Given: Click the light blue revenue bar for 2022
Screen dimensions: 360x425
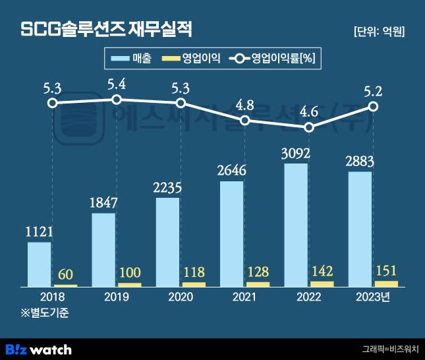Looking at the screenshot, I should (296, 225).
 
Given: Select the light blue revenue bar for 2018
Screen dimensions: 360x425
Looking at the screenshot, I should (40, 264).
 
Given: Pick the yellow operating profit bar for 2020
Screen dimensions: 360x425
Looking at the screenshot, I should (194, 284).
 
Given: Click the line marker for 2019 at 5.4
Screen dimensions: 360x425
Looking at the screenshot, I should (117, 100).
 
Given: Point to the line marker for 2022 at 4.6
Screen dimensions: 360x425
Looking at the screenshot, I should (309, 127).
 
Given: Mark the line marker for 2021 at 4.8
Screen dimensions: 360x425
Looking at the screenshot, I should (245, 120).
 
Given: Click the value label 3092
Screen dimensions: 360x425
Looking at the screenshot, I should (296, 153).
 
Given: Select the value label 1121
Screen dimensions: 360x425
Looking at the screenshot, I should (39, 231).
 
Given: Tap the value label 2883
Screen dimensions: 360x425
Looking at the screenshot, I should (360, 162).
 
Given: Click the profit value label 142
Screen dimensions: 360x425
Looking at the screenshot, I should (321, 271).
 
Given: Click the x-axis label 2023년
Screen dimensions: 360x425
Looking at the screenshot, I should (372, 297).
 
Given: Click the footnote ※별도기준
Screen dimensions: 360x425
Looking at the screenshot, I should (44, 313).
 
